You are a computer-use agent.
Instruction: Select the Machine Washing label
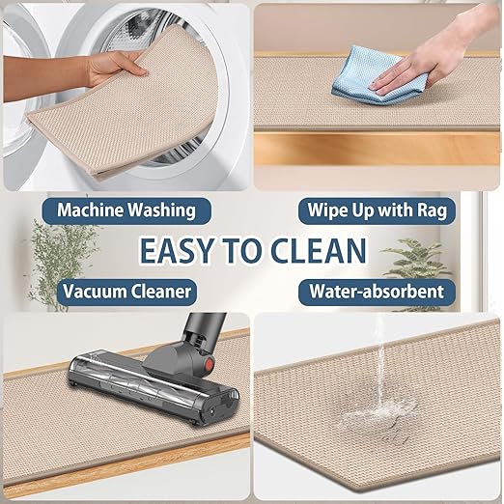126,210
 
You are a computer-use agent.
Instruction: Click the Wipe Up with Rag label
377,210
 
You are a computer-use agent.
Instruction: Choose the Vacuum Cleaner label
126,292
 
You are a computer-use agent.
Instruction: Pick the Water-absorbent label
377,292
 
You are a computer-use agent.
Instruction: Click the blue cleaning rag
374,75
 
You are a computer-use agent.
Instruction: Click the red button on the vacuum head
210,364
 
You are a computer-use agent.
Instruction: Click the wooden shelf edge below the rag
377,149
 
